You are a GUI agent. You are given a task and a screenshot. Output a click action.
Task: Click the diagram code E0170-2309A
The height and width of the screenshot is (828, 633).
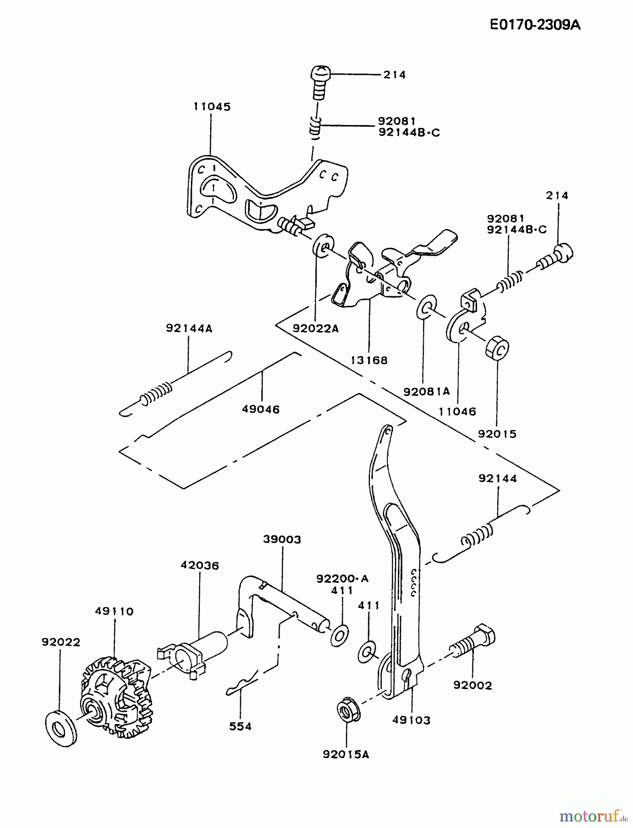tap(535, 25)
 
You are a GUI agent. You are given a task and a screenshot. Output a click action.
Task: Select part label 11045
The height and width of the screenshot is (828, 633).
tap(212, 106)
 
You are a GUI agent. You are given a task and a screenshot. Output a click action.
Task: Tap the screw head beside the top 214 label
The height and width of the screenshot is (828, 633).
tap(319, 74)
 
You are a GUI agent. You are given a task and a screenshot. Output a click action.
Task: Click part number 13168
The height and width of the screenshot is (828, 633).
tap(369, 360)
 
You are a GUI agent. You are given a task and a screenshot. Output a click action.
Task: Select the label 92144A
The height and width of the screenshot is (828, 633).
tap(189, 328)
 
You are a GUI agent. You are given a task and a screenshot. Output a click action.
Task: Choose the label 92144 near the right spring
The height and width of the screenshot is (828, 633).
tap(498, 478)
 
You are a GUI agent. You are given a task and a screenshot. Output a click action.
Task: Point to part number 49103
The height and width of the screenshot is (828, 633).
tap(411, 720)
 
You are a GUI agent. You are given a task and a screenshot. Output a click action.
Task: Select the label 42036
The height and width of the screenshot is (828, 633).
tap(200, 565)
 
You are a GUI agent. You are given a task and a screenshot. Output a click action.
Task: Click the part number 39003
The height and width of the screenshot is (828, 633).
tap(282, 539)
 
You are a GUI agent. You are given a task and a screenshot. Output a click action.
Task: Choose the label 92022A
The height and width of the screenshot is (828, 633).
tap(316, 328)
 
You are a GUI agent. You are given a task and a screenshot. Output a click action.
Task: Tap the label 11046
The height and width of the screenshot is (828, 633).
tap(457, 411)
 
